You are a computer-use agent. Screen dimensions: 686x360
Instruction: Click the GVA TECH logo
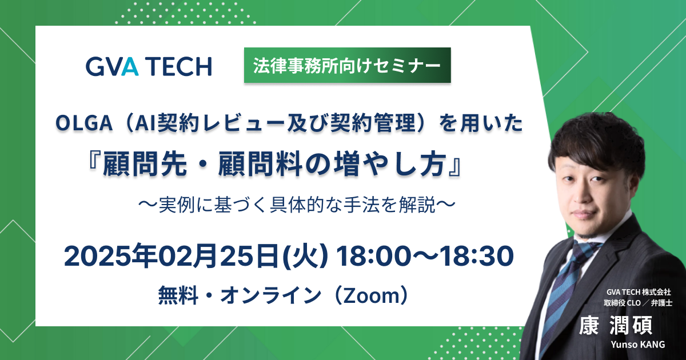(149, 66)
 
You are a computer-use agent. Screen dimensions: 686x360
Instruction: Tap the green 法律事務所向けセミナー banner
(348, 65)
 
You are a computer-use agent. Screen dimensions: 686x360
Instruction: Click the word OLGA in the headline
(84, 123)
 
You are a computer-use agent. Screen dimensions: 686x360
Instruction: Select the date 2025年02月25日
(171, 256)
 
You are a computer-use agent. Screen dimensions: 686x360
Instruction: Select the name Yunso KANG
(638, 345)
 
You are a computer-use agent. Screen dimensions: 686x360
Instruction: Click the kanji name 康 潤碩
(616, 325)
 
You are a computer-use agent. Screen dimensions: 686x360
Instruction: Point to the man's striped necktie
(564, 294)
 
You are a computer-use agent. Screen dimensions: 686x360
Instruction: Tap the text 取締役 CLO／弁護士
(638, 303)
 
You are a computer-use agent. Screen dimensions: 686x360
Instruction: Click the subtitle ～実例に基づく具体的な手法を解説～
(297, 205)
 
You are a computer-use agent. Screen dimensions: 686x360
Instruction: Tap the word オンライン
(270, 295)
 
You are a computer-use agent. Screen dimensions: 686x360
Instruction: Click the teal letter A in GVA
(130, 66)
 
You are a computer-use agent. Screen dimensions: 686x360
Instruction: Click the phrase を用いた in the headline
(481, 123)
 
